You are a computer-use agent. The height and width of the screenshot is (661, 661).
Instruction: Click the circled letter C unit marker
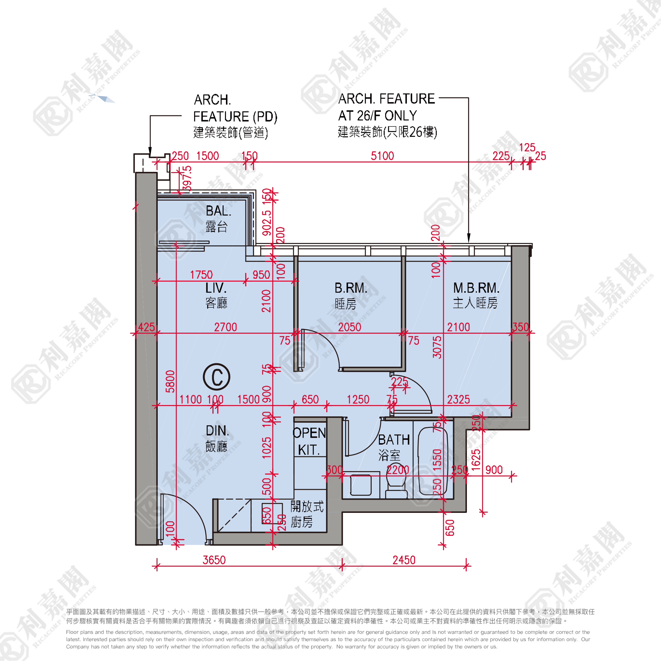(216, 377)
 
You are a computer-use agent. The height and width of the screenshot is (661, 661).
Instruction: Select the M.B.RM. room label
(476, 288)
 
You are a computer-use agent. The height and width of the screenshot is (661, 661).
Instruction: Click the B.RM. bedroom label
(351, 288)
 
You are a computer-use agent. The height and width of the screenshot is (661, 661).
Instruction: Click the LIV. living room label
(215, 288)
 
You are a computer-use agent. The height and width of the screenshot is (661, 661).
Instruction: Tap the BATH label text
(394, 440)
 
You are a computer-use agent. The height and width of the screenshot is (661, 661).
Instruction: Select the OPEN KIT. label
(309, 441)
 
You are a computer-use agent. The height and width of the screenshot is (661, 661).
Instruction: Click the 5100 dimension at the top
(382, 156)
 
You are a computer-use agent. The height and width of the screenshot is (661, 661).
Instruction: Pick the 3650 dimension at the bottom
(214, 560)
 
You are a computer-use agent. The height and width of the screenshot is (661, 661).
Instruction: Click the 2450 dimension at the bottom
(404, 560)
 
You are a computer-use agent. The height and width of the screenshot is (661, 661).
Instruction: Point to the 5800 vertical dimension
(170, 381)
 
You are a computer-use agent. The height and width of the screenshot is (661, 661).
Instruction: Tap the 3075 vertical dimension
(437, 347)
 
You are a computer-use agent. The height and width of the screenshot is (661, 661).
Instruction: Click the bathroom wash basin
(361, 485)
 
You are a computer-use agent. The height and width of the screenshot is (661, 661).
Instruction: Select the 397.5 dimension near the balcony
(187, 178)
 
